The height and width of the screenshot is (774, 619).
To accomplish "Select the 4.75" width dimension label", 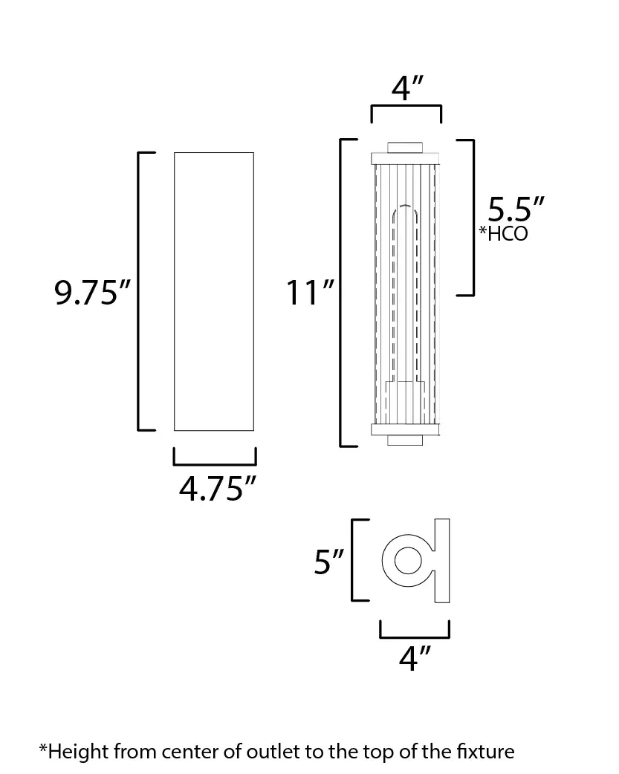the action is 218,489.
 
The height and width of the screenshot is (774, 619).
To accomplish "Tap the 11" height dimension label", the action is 310,293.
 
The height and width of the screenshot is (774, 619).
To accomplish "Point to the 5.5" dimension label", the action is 516,209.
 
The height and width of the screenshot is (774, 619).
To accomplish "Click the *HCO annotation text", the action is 503,233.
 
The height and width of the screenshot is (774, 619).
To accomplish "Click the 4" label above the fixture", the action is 407,88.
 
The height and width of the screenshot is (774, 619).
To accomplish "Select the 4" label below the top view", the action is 415,657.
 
